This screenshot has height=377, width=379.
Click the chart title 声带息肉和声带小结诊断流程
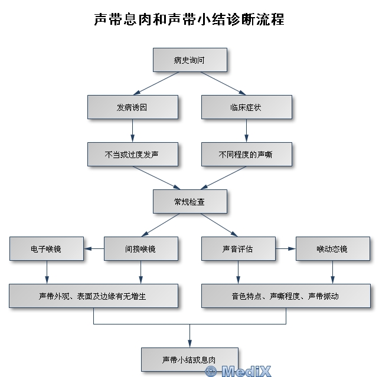pos(189,19)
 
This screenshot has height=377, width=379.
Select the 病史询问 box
pos(189,60)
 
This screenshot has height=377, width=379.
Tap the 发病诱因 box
pos(132,107)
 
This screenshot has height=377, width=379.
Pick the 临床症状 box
pos(246,107)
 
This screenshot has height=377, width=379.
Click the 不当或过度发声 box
pos(132,155)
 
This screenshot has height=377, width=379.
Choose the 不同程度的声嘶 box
pos(246,155)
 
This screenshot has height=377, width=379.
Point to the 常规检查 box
pos(189,202)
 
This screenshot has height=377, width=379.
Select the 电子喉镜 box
pos(46,249)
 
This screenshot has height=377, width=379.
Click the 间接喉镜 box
pos(141,249)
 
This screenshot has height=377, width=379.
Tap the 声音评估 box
pos(238,249)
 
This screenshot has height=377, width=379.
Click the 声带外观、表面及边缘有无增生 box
pos(93,296)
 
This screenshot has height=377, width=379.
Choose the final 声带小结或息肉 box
pos(189,359)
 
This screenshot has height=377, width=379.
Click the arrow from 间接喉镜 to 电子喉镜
pos(94,249)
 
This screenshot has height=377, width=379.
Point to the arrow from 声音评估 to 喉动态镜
pos(285,249)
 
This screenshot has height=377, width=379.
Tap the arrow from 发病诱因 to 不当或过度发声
pos(132,131)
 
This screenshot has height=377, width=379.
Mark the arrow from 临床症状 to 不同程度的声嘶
pos(246,131)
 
